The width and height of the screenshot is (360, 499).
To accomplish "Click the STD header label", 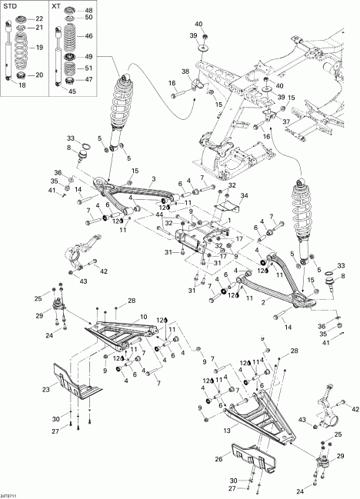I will coord(12,6).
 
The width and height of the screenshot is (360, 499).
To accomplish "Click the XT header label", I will coord(56,6).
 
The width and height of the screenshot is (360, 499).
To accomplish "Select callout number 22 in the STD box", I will coord(40,18).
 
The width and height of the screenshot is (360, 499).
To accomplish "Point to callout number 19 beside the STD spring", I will coord(40,48).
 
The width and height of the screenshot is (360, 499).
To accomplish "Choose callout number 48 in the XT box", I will coord(88,9).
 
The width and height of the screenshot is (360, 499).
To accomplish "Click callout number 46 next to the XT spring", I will coord(88,36).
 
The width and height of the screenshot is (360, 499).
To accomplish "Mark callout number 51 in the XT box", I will coord(88,68).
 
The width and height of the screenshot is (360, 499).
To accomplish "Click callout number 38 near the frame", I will coord(185,72).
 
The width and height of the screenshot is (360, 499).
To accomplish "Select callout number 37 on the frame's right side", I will coord(286,121).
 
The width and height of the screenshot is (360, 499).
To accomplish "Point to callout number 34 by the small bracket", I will coord(245,197).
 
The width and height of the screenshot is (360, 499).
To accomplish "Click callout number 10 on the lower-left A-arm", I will coord(143,317).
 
